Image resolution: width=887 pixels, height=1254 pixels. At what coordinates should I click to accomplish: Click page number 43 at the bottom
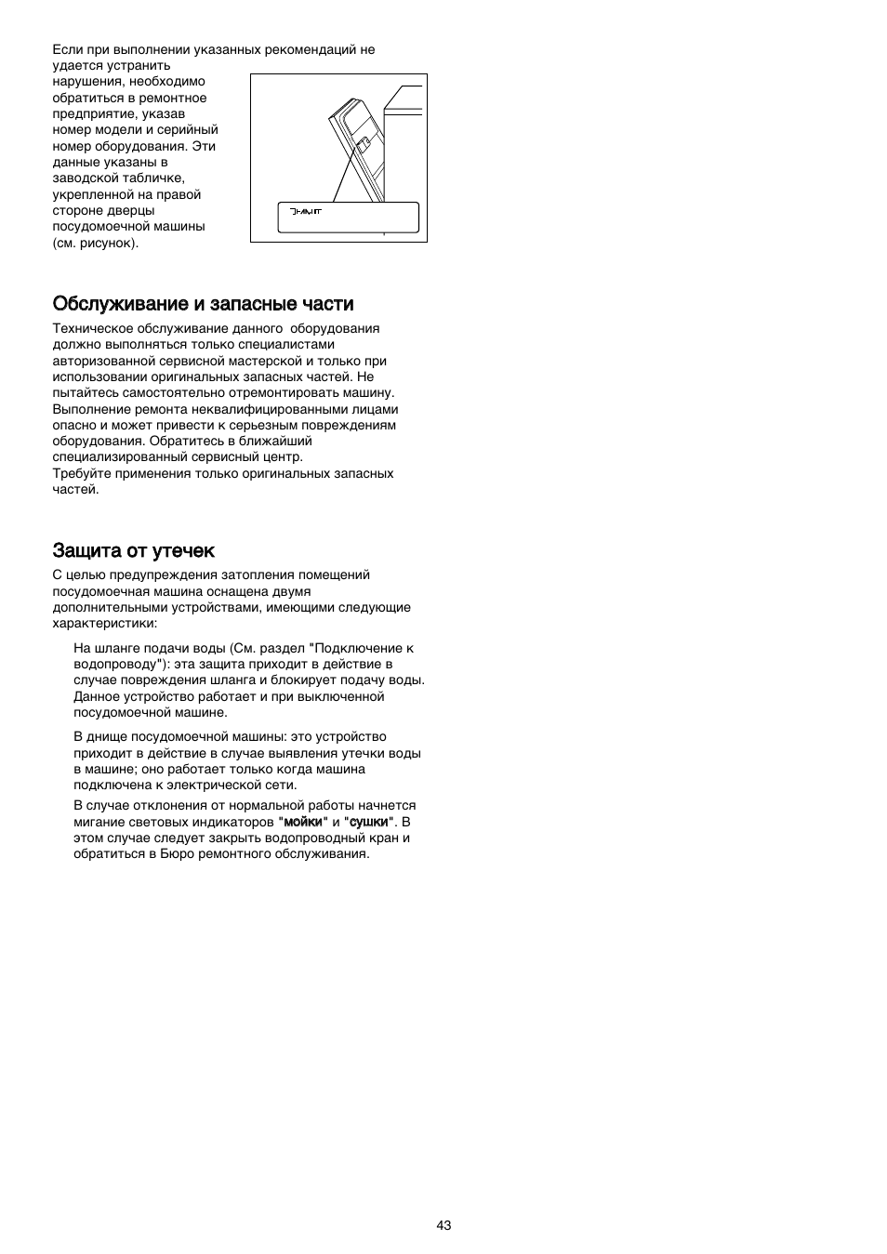click(443, 1225)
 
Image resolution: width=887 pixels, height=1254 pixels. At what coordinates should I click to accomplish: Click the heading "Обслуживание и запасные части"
click(203, 304)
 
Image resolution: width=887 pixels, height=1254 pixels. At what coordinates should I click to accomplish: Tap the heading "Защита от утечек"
click(133, 550)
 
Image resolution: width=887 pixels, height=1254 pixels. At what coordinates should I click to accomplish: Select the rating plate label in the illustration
click(349, 218)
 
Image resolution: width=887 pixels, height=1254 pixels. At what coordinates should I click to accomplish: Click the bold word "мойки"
click(306, 822)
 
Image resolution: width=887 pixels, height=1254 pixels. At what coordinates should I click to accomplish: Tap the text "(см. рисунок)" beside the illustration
click(95, 243)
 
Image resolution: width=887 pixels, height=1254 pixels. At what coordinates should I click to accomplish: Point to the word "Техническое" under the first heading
click(92, 328)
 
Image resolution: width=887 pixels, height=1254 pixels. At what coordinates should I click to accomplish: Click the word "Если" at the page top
click(67, 49)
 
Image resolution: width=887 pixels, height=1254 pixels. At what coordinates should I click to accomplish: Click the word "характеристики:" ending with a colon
click(104, 623)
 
